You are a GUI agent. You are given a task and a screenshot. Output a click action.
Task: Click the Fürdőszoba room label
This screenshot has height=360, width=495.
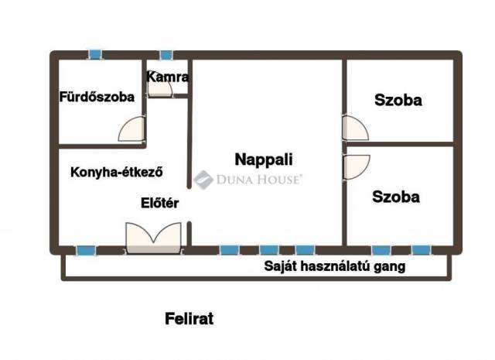97,97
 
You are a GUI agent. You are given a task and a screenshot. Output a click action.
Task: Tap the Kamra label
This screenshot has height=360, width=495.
168,77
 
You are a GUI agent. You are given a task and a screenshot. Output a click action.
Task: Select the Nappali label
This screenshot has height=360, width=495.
264,159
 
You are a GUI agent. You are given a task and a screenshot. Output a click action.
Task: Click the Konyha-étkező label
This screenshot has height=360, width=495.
117,172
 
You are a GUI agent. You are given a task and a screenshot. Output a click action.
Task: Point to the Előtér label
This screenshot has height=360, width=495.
160,203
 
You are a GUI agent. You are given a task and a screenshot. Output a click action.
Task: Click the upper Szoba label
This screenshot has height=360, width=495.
398,100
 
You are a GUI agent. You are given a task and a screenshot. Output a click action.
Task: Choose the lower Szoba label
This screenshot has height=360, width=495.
396,197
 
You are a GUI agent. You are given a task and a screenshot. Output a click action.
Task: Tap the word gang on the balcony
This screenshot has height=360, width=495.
390,267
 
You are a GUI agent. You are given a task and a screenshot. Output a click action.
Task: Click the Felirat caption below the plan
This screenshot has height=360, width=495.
189,319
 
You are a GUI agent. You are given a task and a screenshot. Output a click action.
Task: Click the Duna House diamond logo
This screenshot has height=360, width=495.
203,180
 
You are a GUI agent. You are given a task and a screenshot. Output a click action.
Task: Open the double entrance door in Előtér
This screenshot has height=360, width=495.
153,238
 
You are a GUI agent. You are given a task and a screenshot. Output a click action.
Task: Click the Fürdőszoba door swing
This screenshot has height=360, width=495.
132,129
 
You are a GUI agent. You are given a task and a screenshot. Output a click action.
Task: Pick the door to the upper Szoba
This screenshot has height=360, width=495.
356,128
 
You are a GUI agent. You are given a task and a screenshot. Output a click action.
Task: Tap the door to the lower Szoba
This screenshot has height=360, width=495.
357,167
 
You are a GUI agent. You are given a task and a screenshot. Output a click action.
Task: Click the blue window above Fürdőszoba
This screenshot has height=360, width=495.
95,55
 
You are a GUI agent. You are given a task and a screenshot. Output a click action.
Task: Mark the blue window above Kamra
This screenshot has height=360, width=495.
166,55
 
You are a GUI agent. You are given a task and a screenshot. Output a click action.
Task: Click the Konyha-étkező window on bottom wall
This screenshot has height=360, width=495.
86,250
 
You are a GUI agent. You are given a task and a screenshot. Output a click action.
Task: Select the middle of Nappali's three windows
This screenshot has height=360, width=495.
269,250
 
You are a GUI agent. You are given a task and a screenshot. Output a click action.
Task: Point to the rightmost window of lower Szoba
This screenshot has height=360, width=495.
422,250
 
